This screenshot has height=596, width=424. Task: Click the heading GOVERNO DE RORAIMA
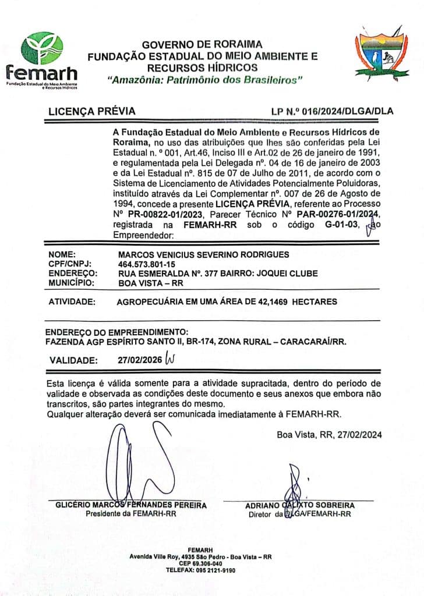pos(202,44)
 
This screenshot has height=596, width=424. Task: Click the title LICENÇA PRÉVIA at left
pos(92,111)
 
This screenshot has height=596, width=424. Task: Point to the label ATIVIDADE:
pos(72,301)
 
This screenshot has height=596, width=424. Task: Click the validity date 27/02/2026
pos(140,360)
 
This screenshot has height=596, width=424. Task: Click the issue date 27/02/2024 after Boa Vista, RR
pos(356,434)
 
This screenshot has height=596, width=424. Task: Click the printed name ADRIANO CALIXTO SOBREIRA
pos(299,505)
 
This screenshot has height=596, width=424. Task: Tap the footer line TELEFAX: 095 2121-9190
pos(200,570)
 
